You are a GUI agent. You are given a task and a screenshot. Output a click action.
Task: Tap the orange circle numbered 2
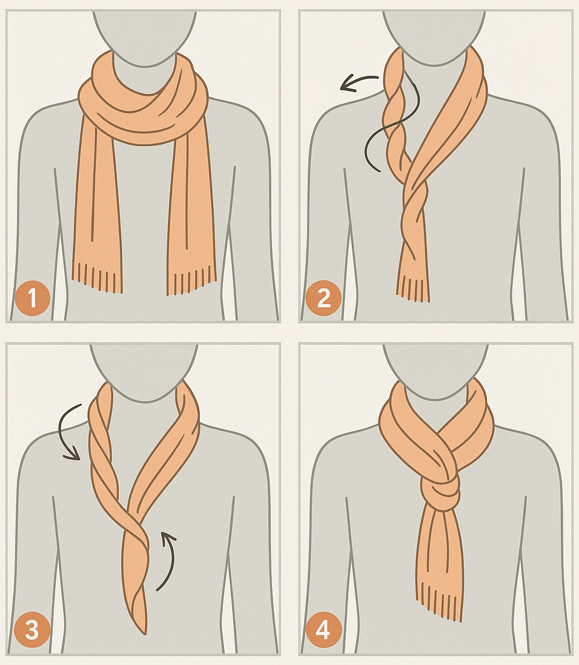point(323,298)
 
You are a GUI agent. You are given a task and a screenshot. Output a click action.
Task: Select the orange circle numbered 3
point(32,630)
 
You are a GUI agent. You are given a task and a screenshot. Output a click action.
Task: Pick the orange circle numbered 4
point(323,630)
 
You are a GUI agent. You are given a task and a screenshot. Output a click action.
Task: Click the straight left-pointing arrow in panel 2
point(359,82)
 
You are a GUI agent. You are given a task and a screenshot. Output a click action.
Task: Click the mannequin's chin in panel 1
point(145,64)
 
